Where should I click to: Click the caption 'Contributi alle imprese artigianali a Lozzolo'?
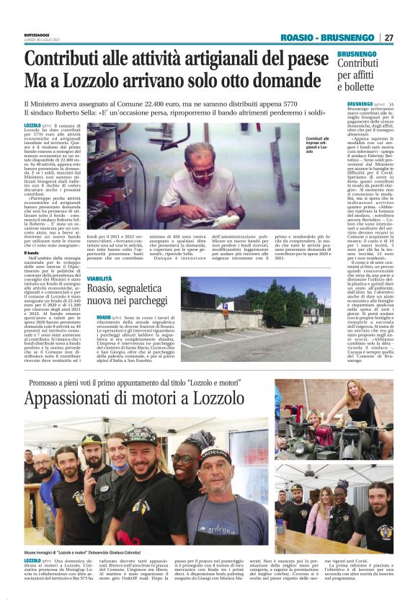[x=318, y=145]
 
